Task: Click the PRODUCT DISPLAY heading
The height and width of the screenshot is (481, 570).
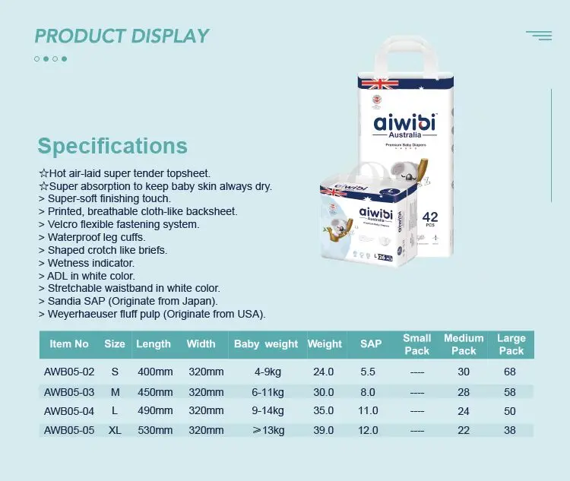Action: pos(122,36)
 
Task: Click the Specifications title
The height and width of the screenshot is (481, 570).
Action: pos(112,146)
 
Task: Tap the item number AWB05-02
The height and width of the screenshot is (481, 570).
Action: pos(69,372)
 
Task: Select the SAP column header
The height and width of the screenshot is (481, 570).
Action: pos(371,344)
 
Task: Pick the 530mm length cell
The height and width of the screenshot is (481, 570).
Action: pos(155,430)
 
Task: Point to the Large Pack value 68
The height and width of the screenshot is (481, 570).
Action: pos(511,372)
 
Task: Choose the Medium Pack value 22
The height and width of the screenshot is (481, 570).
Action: pos(464,430)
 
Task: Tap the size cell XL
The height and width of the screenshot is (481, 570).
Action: pos(115,430)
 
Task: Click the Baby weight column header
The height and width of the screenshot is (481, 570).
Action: pos(266,344)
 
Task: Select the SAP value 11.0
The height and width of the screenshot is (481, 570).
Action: pos(368,410)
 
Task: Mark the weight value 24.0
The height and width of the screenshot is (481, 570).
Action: pos(324,372)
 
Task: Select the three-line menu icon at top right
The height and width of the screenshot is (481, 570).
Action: pos(539,35)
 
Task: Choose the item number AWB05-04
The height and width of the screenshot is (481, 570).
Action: pos(69,410)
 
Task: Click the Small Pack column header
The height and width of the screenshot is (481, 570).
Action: pos(416,344)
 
